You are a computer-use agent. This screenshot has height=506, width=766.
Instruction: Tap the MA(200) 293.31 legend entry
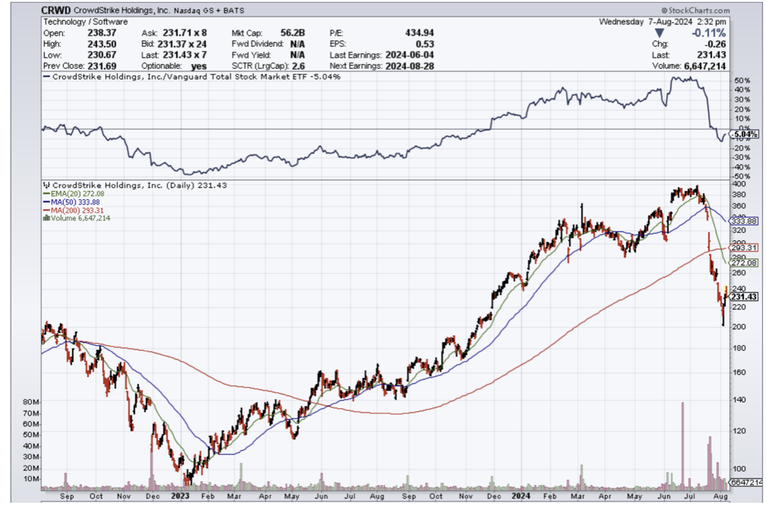pyautogui.click(x=73, y=210)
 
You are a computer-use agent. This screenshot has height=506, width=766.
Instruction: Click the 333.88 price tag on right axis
pyautogui.click(x=744, y=221)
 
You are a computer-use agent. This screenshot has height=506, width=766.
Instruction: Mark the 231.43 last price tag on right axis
pyautogui.click(x=744, y=296)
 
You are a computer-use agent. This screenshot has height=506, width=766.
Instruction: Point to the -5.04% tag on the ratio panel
pyautogui.click(x=744, y=134)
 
